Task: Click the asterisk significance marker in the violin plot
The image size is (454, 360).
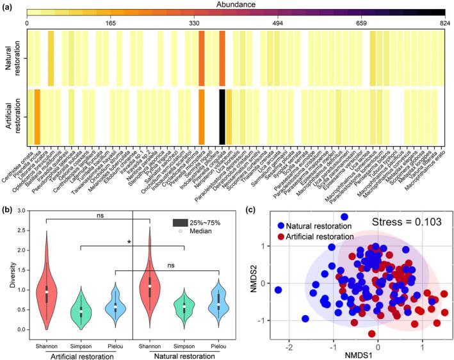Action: [129, 242]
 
